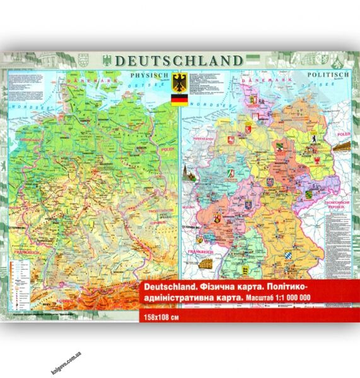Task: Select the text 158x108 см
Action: pyautogui.click(x=161, y=316)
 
